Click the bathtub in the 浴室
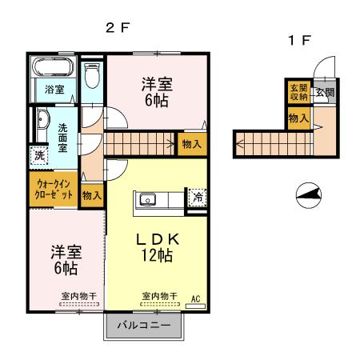pyautogui.click(x=53, y=67)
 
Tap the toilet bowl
pyautogui.click(x=92, y=75)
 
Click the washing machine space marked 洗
pyautogui.click(x=39, y=155)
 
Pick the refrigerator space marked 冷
pyautogui.click(x=198, y=198)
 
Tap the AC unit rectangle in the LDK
pyautogui.click(x=195, y=306)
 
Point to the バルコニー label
pyautogui.click(x=144, y=325)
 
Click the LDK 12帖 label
pyautogui.click(x=157, y=247)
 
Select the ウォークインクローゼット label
pyautogui.click(x=54, y=189)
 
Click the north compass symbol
pyautogui.click(x=309, y=195)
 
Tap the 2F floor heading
pyautogui.click(x=118, y=27)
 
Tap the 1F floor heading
pyautogui.click(x=299, y=40)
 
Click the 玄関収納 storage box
pyautogui.click(x=299, y=92)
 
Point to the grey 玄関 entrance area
pyautogui.click(x=325, y=92)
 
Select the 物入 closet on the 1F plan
pyautogui.click(x=299, y=118)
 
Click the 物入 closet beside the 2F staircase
pyautogui.click(x=192, y=144)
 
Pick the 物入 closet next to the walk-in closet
pyautogui.click(x=92, y=196)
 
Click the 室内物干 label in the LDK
pyautogui.click(x=159, y=296)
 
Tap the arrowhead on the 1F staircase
pyautogui.click(x=239, y=144)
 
